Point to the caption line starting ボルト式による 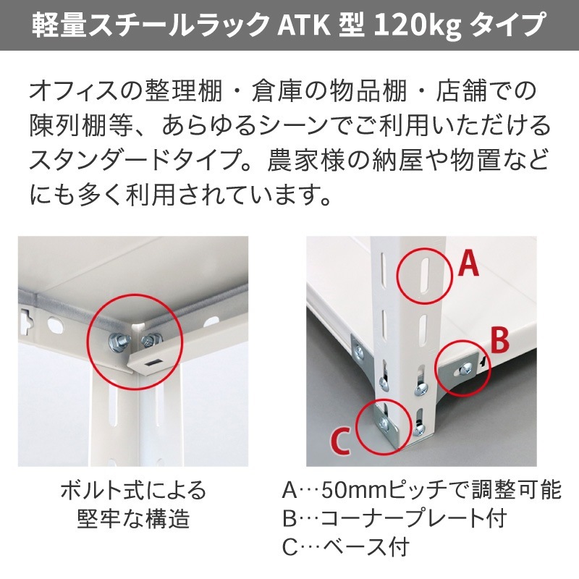pyautogui.click(x=133, y=491)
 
